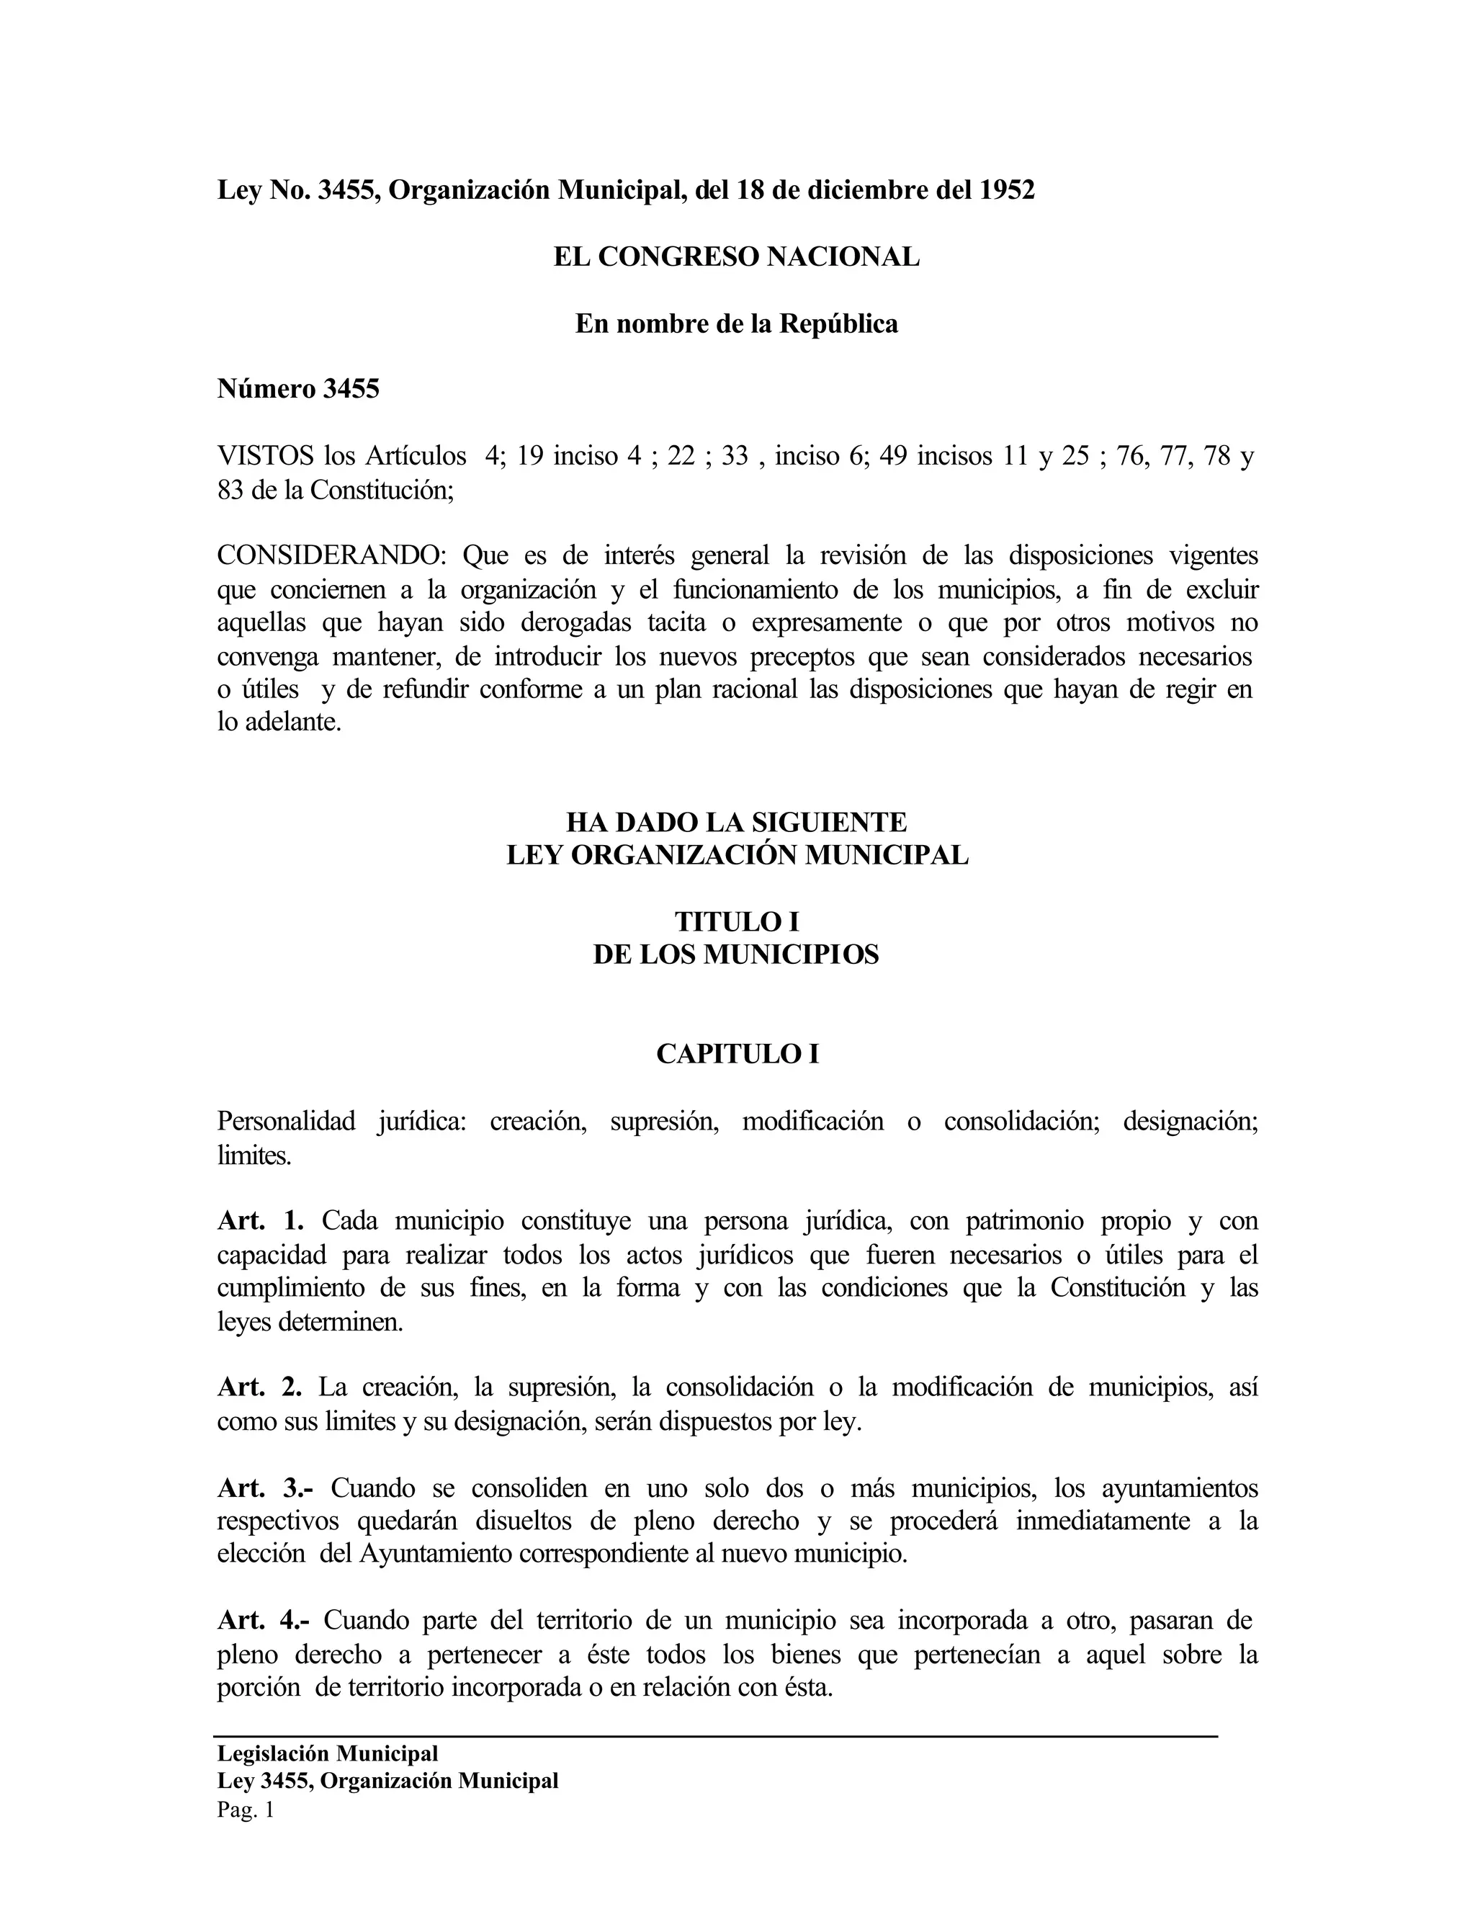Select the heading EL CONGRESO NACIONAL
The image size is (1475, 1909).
737,257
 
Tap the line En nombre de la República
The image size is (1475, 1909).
737,324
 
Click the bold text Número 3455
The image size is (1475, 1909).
298,389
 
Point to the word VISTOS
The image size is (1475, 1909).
265,456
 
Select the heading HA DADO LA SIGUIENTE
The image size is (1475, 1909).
737,823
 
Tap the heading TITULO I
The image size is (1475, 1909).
737,922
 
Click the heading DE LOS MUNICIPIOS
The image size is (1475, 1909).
737,954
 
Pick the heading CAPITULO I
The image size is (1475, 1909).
737,1054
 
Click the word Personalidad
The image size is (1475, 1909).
286,1122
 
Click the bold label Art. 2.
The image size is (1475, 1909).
259,1387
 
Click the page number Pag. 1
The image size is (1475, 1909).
246,1810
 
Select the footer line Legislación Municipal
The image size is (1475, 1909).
328,1753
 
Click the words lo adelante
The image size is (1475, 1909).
278,722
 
